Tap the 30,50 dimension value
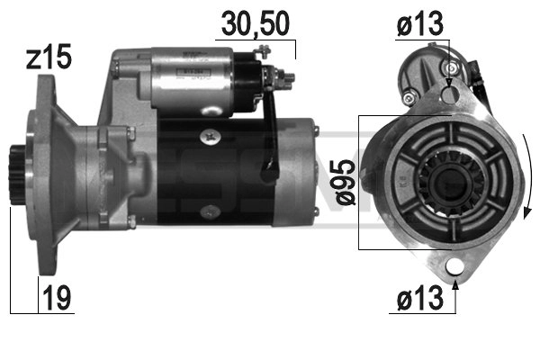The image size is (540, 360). (257, 24)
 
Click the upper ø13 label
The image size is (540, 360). (420, 27)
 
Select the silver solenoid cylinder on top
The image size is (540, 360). (193, 77)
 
